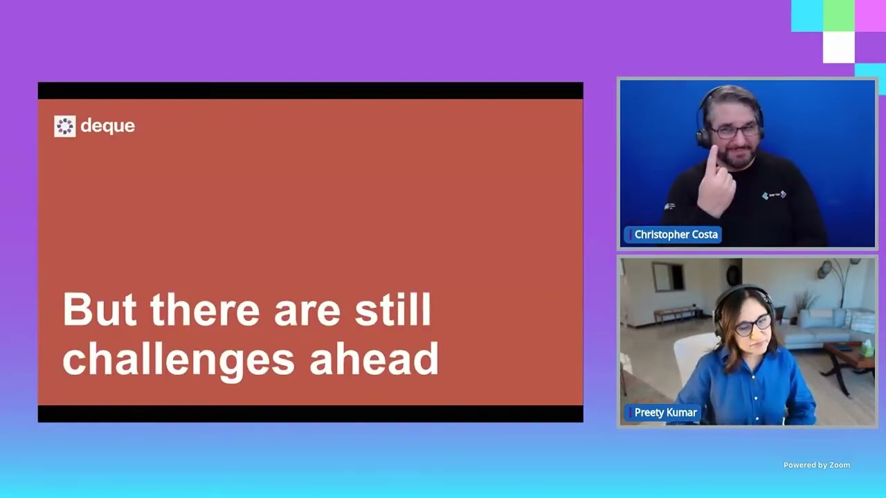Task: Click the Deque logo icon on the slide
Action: (65, 127)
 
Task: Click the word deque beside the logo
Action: (107, 126)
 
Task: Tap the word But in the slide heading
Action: (100, 309)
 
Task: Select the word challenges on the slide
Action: (179, 359)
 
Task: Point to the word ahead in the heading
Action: (374, 358)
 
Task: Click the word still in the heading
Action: (392, 309)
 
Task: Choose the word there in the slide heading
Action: (205, 309)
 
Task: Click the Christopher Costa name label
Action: (673, 234)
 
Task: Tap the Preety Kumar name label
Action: (662, 413)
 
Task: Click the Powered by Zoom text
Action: (816, 465)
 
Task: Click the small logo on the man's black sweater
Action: (774, 195)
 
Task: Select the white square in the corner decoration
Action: (838, 48)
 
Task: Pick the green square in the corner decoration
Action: (838, 16)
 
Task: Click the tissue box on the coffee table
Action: (867, 349)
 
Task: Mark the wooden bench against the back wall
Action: (677, 313)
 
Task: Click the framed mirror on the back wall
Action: (668, 277)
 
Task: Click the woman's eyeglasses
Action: (752, 326)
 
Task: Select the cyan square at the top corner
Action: (807, 16)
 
